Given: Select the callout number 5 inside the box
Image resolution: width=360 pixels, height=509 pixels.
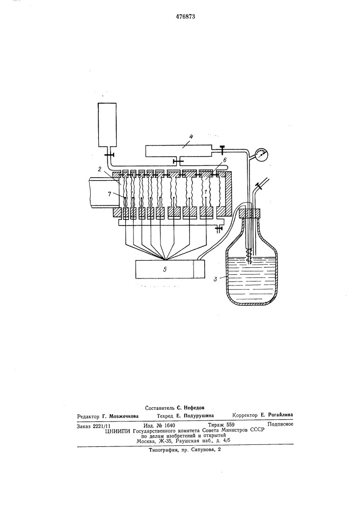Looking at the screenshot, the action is [x=165, y=269].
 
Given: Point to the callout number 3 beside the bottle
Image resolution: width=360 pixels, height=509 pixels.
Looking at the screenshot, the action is [x=215, y=278].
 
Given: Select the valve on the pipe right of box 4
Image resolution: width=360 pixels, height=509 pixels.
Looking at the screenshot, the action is [x=223, y=150].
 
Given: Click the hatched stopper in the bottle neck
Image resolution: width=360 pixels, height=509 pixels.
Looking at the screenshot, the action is [x=250, y=213].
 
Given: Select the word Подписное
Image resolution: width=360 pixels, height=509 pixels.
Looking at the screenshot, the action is [x=280, y=423].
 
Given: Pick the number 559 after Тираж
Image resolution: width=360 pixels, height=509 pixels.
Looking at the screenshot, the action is [x=230, y=425].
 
